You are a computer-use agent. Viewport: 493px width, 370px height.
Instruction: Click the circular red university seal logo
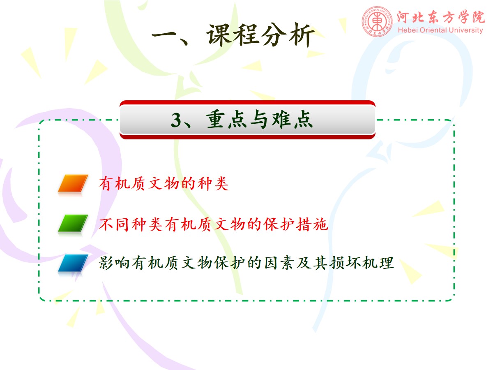(377, 21)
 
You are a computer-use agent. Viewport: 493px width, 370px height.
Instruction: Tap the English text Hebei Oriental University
(440, 30)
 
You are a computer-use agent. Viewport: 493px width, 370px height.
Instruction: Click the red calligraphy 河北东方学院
(441, 17)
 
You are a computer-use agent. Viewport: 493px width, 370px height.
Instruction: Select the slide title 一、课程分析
(233, 35)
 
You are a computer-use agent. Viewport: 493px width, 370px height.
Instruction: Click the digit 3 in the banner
(176, 120)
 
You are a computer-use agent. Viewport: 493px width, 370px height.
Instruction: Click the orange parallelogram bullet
(73, 183)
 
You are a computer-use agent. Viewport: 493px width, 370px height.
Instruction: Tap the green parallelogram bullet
(73, 223)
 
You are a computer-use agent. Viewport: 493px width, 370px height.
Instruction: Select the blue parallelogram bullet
(73, 263)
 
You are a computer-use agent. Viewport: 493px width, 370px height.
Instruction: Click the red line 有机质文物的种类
(164, 183)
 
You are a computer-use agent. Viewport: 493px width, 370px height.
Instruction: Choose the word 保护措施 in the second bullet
(295, 224)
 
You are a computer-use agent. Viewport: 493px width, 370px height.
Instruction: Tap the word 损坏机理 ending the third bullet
(362, 263)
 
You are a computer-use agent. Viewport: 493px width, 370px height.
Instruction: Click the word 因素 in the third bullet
(279, 263)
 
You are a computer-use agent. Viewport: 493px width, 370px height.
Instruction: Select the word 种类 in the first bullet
(213, 183)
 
